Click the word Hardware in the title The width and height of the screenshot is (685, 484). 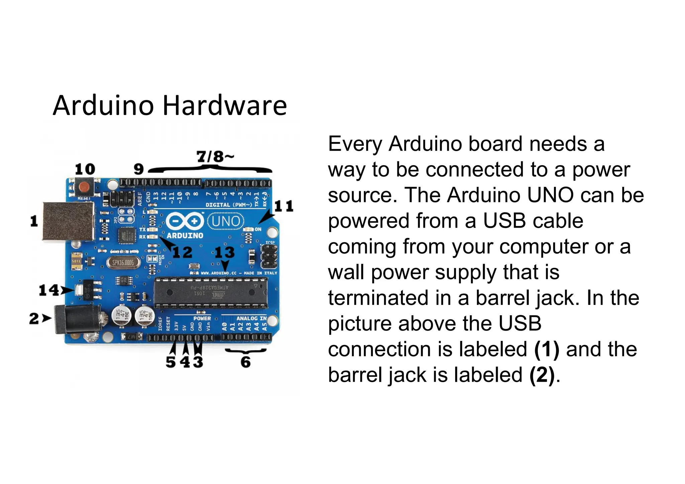pos(225,106)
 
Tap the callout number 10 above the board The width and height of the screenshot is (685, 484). pos(85,169)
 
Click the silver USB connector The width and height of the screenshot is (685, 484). pos(68,221)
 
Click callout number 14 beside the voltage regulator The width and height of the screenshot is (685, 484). pos(49,290)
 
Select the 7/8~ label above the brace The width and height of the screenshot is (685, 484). pos(215,156)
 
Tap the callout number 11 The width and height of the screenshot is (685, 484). pos(284,206)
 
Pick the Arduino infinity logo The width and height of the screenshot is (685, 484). pos(185,221)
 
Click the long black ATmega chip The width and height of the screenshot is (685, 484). pos(211,292)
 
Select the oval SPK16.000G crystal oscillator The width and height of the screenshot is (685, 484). pos(123,263)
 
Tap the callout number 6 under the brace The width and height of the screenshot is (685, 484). pos(246,362)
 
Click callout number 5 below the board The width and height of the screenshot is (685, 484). pos(171,362)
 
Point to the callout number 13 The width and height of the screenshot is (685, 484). pos(224,252)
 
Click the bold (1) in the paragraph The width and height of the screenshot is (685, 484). pos(547,349)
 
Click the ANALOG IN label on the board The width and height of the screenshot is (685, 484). pos(252,318)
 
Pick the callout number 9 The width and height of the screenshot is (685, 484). pos(138,169)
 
